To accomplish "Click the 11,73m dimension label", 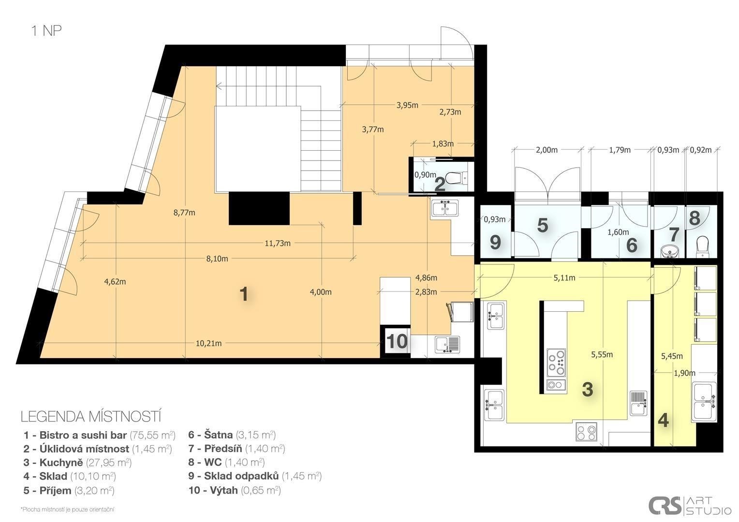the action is (278, 243).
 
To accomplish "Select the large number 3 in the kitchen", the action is (588, 389).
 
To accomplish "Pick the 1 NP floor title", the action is (46, 30).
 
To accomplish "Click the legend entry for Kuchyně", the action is (77, 463).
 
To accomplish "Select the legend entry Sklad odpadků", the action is (255, 476).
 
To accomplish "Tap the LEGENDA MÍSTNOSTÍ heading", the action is (91, 417).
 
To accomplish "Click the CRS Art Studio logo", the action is (690, 505).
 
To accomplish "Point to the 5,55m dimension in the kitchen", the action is (602, 354).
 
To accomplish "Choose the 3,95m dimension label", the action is (407, 105).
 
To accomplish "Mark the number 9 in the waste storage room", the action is (495, 243).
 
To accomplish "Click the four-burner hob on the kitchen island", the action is (556, 362).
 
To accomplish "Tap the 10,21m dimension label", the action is (208, 343).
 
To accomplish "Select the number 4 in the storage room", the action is (664, 420).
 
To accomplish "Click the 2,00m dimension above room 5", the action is (547, 150).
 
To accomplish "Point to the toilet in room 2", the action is (457, 178).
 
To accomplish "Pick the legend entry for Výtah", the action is (235, 491).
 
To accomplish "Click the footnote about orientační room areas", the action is (68, 509).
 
